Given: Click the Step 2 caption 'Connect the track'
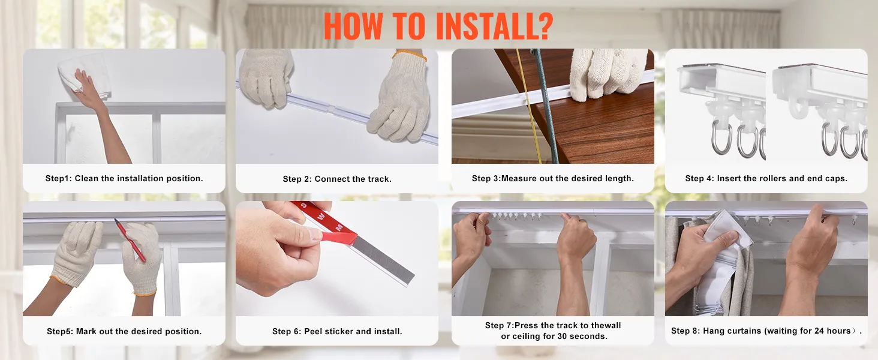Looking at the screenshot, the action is click(353, 179).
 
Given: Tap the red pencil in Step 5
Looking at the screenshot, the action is click(130, 240).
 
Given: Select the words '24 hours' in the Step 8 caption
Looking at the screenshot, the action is click(832, 331).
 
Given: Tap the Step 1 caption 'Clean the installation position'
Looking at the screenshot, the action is click(139, 178).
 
